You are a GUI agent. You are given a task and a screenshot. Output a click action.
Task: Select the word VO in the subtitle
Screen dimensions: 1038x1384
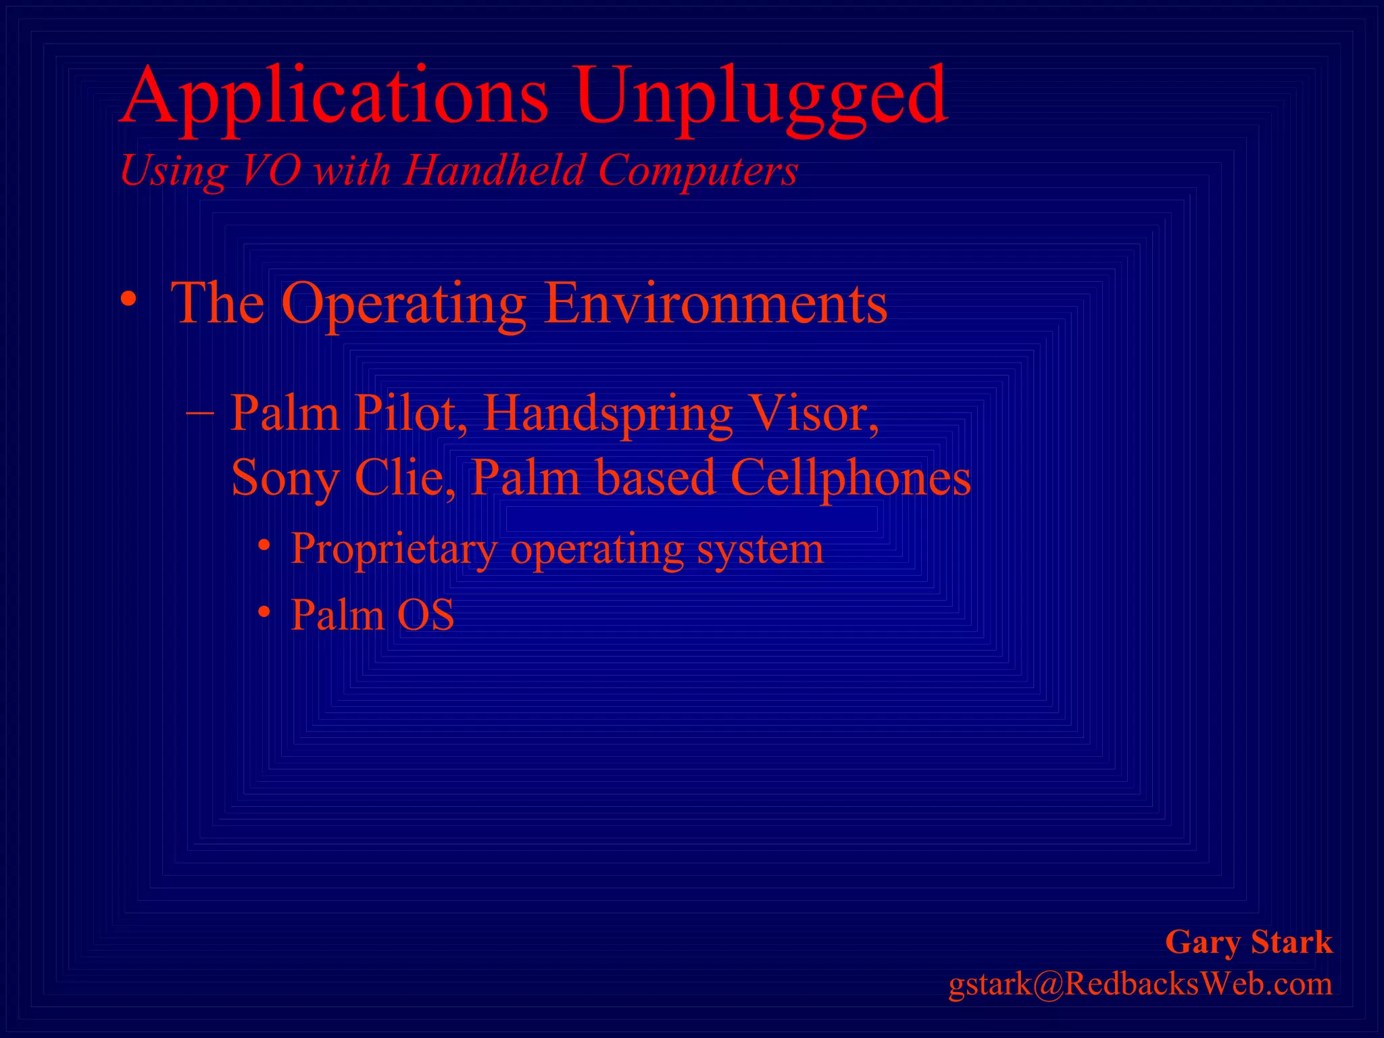tap(270, 170)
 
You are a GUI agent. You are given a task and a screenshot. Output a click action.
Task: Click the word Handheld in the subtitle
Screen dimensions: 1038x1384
tap(494, 170)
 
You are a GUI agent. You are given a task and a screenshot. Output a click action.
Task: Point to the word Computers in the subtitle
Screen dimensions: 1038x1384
tap(698, 170)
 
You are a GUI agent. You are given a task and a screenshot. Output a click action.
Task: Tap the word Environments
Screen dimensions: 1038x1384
tap(716, 303)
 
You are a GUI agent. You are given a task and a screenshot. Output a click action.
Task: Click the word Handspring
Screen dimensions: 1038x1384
tap(608, 414)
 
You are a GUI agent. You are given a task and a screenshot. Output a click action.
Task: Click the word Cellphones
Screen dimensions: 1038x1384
tap(851, 478)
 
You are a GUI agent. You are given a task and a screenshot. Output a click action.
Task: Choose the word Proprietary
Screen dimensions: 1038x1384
tap(395, 549)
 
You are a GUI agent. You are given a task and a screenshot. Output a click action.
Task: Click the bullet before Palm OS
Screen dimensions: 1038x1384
tap(265, 612)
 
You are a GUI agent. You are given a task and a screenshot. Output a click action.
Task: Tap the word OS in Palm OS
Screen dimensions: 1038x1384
tap(425, 615)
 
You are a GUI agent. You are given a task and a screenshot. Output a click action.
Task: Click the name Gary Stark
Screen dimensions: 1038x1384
tap(1249, 942)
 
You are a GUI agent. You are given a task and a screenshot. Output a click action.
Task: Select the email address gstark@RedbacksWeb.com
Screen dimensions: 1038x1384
tap(1140, 984)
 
